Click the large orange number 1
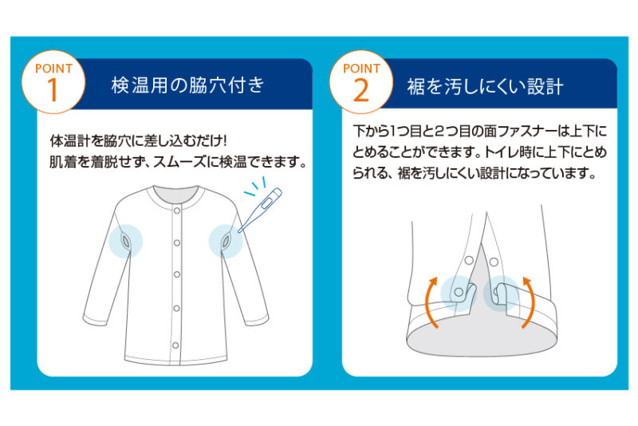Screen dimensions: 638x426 [53, 89]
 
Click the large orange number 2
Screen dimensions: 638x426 [361, 89]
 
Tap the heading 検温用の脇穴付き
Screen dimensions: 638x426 [188, 85]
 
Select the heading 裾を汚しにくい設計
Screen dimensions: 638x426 [485, 86]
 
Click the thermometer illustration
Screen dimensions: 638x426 [261, 209]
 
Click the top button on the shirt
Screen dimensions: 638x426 [177, 211]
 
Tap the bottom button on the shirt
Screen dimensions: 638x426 [175, 345]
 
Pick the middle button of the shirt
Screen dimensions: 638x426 [177, 274]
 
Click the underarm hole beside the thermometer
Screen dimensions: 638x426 [225, 243]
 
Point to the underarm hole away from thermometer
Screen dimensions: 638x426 [125, 242]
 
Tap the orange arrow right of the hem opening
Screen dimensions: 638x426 [529, 302]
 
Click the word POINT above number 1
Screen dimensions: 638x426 [53, 69]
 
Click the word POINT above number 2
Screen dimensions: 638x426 [361, 69]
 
